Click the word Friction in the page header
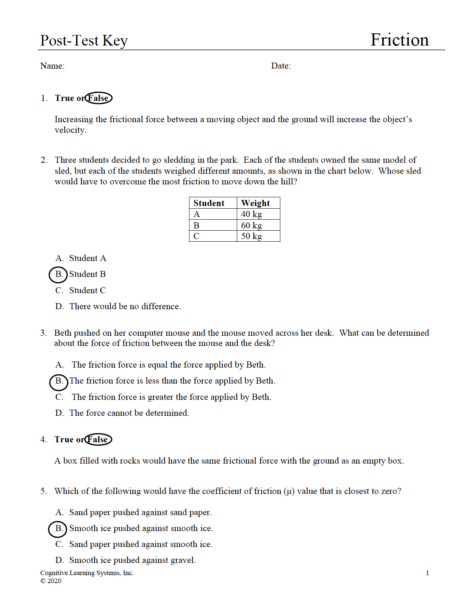399,40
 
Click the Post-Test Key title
84,41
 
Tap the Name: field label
52,66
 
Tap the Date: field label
281,66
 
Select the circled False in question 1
98,98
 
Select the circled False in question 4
98,439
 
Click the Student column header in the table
209,203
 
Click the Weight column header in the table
255,203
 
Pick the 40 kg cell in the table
252,214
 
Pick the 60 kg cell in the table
252,225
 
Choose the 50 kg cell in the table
252,236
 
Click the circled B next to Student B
58,274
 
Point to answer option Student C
87,291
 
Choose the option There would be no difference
125,307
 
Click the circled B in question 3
59,381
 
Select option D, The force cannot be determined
129,413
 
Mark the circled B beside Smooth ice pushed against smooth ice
58,528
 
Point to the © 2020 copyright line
51,581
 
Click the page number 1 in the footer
427,573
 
